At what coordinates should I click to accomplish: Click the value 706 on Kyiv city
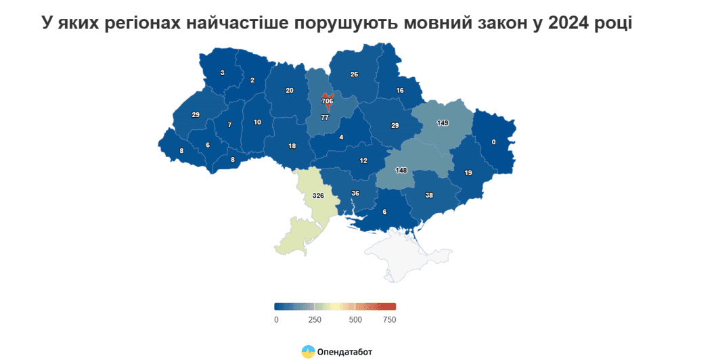328,101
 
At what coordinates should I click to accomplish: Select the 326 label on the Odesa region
318,196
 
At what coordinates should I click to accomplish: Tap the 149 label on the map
443,123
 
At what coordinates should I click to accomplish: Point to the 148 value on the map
401,170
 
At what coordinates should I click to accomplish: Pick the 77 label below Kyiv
325,118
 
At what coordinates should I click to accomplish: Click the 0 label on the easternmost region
493,141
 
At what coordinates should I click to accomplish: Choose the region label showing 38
429,195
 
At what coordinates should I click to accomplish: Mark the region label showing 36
355,194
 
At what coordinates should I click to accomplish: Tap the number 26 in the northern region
354,74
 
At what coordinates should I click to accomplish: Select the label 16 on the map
400,91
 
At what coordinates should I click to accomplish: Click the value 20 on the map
290,91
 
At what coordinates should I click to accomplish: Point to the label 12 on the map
363,160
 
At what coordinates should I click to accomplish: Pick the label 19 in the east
468,173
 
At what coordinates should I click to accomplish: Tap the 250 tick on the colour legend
315,319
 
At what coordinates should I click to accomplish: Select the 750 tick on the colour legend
388,319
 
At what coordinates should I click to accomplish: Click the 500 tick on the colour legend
355,319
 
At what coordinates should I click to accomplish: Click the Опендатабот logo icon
308,351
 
